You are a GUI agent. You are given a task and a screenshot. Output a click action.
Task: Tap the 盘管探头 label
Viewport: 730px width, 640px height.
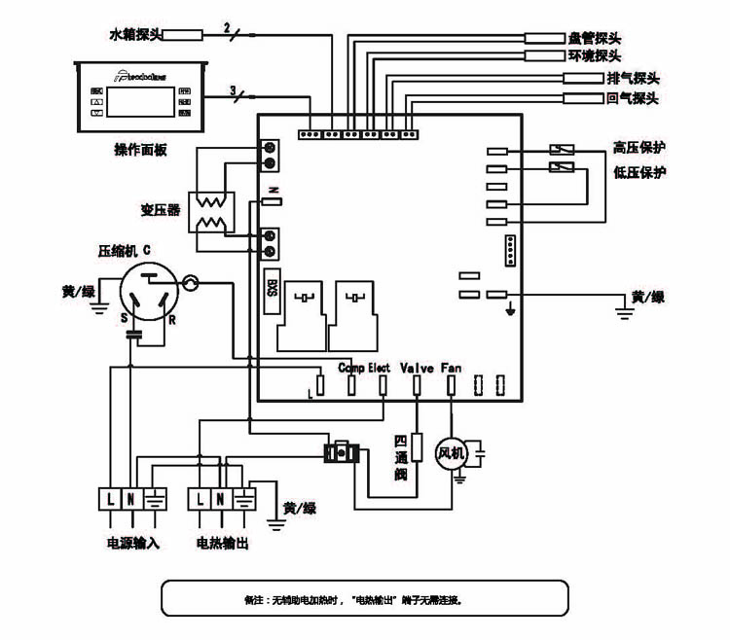tap(594, 39)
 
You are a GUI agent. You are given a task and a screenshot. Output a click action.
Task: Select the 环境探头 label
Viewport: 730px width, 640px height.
tap(594, 56)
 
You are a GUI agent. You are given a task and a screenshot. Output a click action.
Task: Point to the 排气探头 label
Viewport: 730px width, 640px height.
tap(633, 78)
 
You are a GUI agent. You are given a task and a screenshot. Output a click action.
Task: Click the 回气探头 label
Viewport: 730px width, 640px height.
tap(633, 98)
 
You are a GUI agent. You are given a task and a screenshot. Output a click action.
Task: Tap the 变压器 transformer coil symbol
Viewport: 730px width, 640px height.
tap(212, 213)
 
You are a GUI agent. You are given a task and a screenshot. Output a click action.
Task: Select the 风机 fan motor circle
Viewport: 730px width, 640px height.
tap(451, 453)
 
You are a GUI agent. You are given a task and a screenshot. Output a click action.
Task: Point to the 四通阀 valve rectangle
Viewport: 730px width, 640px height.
tap(417, 447)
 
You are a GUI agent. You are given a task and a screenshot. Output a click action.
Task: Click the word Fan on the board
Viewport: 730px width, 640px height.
tap(452, 368)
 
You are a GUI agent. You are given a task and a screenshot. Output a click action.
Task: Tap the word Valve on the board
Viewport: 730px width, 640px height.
tap(417, 368)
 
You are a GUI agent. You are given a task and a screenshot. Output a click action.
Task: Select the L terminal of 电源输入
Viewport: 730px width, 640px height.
tap(109, 499)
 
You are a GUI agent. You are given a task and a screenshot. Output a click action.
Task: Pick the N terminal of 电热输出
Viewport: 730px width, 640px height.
tap(221, 499)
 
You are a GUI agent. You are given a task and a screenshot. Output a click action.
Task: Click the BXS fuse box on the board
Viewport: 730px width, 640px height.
tap(272, 288)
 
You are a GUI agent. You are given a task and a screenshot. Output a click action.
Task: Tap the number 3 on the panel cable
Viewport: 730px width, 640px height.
tap(233, 90)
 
